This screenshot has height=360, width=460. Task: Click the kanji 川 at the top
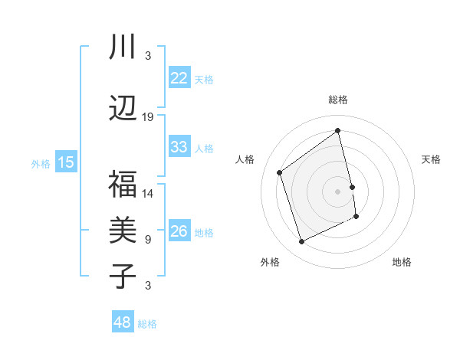pyautogui.click(x=122, y=47)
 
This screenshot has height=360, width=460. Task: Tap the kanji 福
pyautogui.click(x=122, y=185)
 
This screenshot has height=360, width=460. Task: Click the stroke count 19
pyautogui.click(x=148, y=117)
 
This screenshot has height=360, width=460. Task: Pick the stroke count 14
pyautogui.click(x=148, y=194)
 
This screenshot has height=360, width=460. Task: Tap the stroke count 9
pyautogui.click(x=148, y=240)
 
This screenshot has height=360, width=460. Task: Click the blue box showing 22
pyautogui.click(x=179, y=78)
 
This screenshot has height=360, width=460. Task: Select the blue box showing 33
pyautogui.click(x=179, y=147)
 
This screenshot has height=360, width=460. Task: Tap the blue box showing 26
pyautogui.click(x=179, y=231)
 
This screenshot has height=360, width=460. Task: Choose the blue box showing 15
pyautogui.click(x=66, y=162)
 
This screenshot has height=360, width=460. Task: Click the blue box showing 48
pyautogui.click(x=122, y=322)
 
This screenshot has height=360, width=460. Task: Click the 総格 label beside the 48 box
pyautogui.click(x=147, y=324)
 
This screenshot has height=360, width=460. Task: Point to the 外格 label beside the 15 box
pyautogui.click(x=41, y=163)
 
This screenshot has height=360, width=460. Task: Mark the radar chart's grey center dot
pyautogui.click(x=338, y=191)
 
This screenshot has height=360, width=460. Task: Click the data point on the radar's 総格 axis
pyautogui.click(x=337, y=131)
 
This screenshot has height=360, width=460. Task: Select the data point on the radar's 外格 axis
pyautogui.click(x=301, y=242)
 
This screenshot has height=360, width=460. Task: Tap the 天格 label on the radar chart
pyautogui.click(x=431, y=159)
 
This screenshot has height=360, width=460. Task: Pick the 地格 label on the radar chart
pyautogui.click(x=402, y=262)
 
